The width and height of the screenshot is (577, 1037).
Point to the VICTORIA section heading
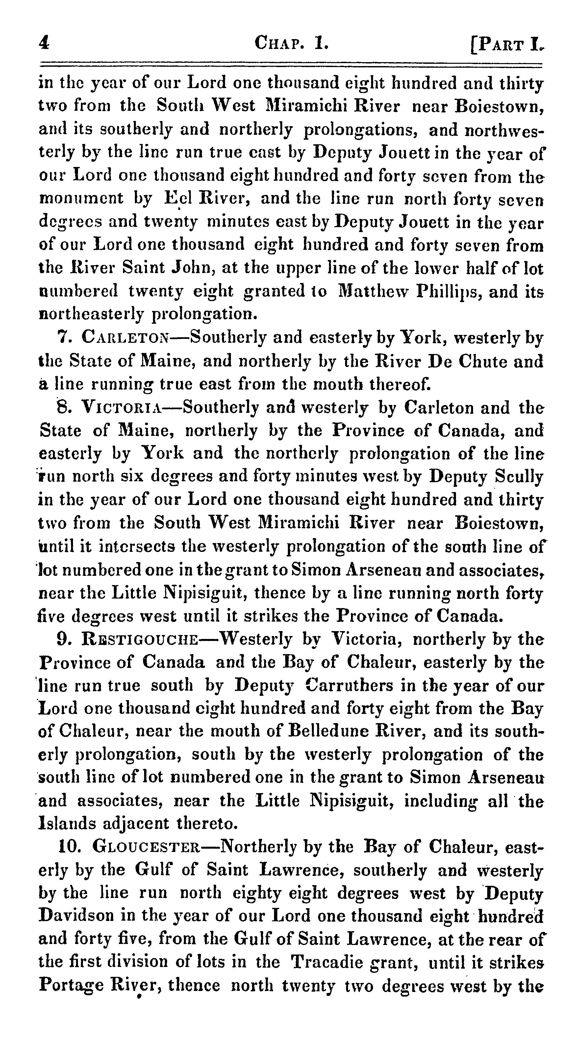(x=121, y=408)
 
